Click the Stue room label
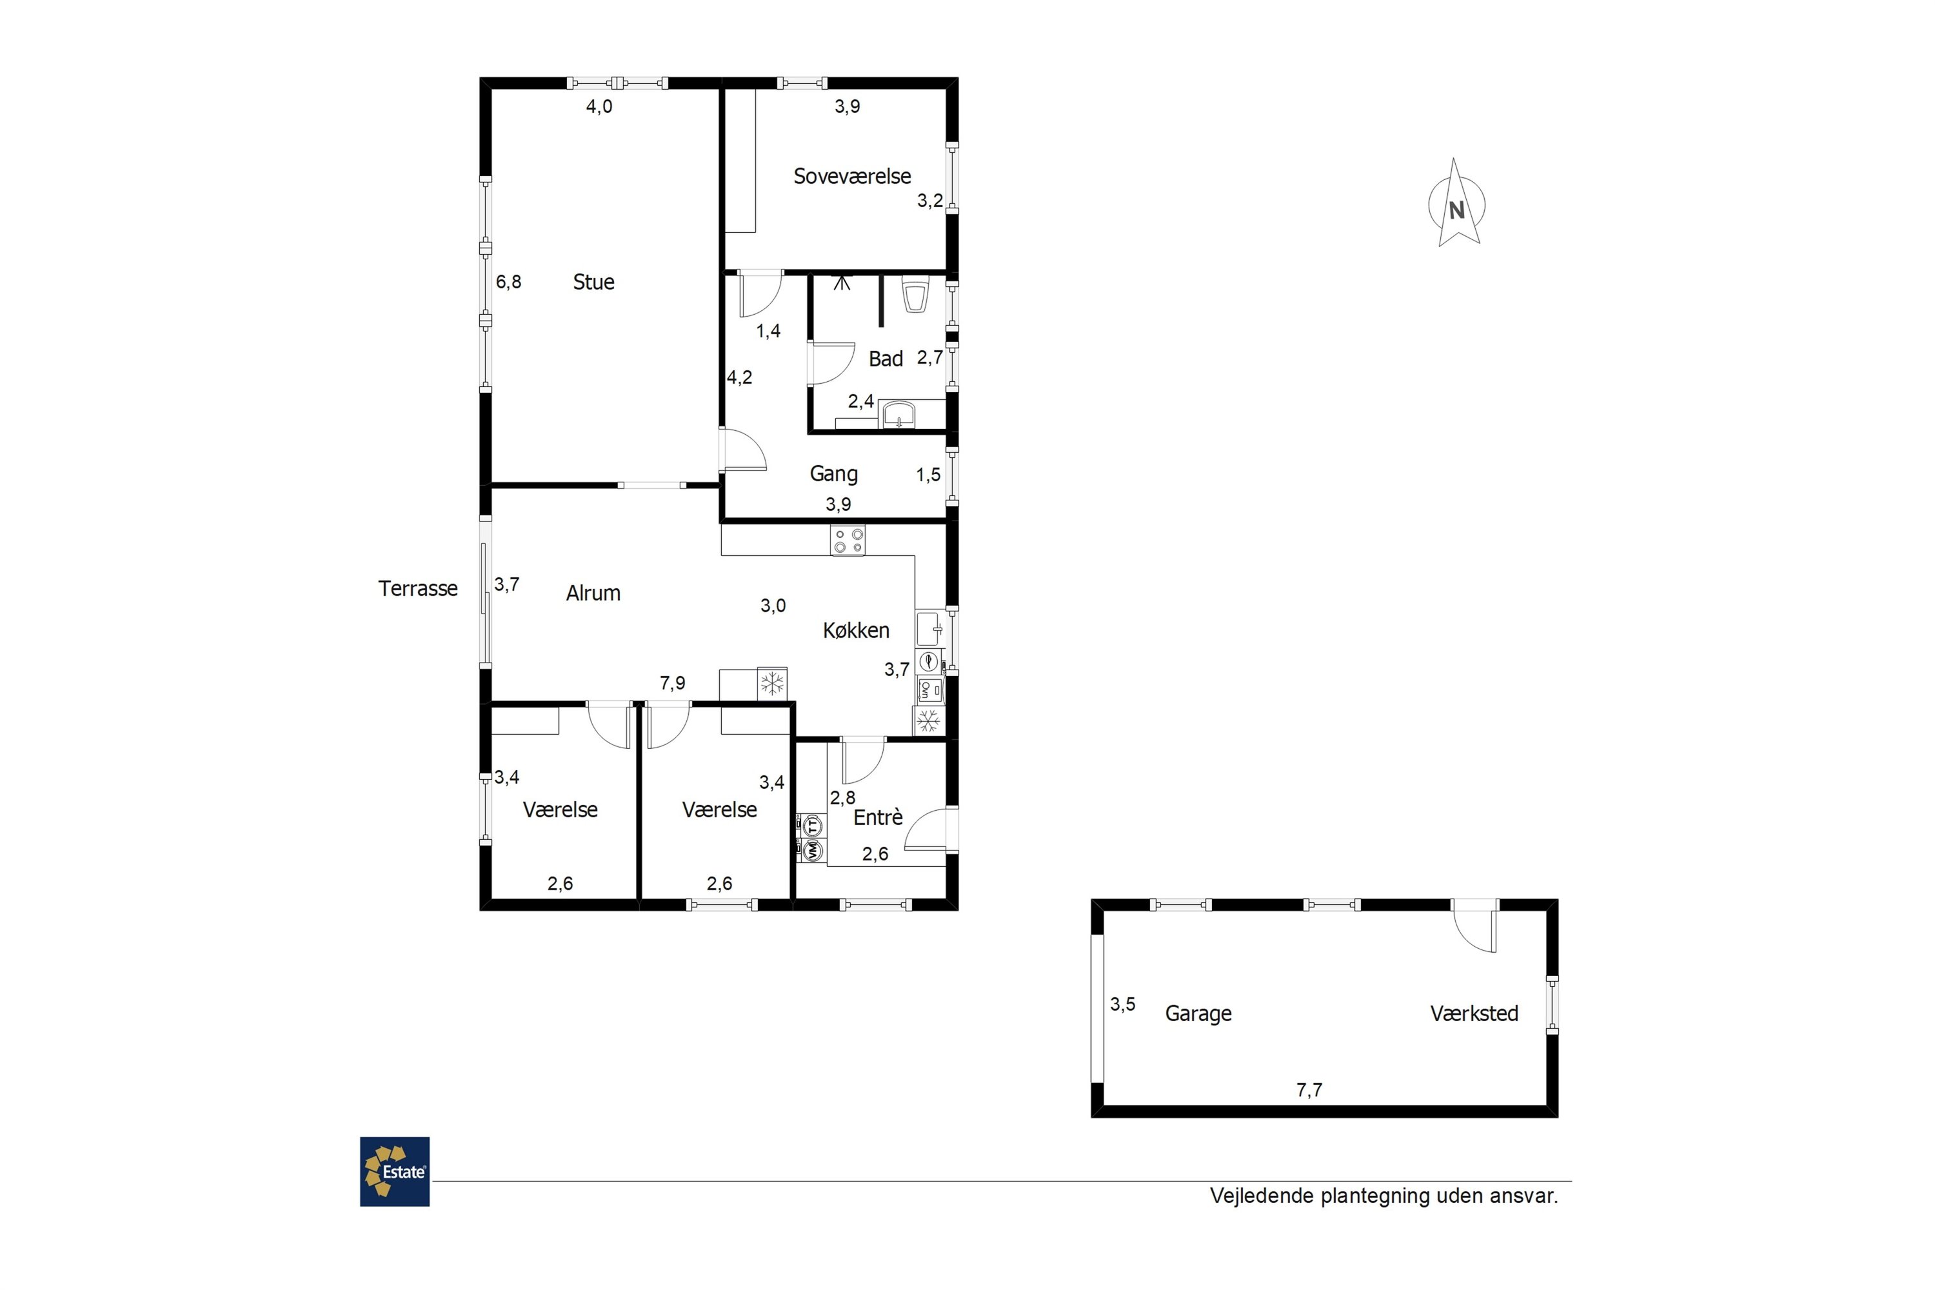click(593, 283)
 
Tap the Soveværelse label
click(851, 176)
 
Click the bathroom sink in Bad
click(899, 414)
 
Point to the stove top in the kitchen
click(848, 540)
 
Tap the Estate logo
click(395, 1171)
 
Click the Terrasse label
click(418, 588)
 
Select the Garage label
click(1198, 1013)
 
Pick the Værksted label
click(1474, 1013)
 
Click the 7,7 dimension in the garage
click(1309, 1090)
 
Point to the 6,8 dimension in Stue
click(508, 283)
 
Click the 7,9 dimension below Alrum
click(672, 683)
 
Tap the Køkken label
click(857, 630)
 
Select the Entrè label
click(878, 817)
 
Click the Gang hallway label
click(833, 474)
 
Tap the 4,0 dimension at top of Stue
click(599, 106)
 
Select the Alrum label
click(593, 593)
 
